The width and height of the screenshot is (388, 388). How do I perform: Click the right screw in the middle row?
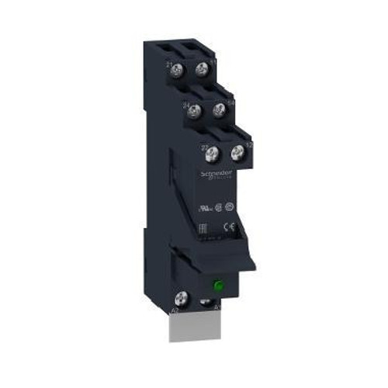220,110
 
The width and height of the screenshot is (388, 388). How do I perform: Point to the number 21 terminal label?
170,64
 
